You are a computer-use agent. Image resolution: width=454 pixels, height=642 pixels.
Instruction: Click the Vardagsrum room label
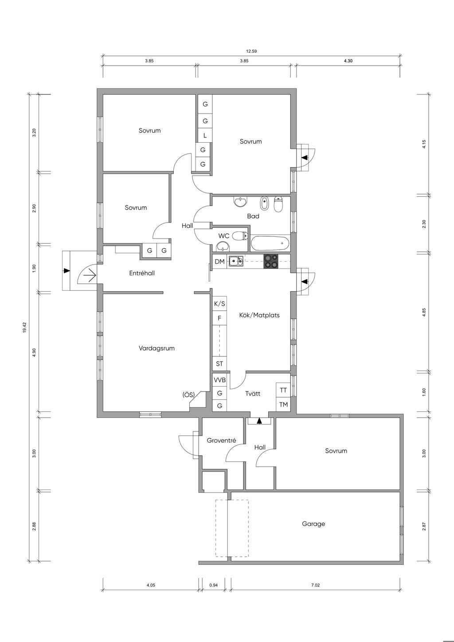pos(157,348)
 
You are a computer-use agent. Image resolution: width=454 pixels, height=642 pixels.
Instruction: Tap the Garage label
pos(313,524)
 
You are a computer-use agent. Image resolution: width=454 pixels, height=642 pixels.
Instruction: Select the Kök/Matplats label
pos(259,315)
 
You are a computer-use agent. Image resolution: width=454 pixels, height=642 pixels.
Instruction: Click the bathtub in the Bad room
pos(270,243)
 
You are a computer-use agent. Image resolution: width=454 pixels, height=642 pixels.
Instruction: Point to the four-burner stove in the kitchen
pos(271,262)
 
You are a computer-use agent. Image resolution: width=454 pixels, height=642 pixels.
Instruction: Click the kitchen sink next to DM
pos(236,262)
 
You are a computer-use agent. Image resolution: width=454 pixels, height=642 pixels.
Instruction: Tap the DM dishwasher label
pos(219,262)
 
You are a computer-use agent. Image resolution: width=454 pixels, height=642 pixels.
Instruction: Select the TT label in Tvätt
pos(283,390)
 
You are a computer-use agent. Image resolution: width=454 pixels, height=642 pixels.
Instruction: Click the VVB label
pos(219,380)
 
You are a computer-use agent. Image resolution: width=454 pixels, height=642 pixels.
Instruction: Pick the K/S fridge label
pos(219,304)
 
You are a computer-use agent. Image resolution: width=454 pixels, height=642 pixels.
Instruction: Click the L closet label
pos(205,136)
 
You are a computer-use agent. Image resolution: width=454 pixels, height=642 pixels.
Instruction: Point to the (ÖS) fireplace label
pos(188,395)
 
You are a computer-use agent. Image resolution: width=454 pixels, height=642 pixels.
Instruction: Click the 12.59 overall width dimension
pos(251,51)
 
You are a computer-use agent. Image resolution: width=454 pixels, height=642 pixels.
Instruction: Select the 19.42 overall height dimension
pos(25,327)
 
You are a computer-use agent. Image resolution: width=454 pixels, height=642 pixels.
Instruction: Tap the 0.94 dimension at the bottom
pos(214,585)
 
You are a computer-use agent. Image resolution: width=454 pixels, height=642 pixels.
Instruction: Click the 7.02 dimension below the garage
pos(315,585)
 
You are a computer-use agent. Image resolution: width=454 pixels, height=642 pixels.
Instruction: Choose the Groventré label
pos(221,441)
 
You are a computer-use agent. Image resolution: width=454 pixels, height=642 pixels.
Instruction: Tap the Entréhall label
pos(142,273)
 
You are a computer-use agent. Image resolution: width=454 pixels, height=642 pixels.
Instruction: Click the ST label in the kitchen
pos(219,364)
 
